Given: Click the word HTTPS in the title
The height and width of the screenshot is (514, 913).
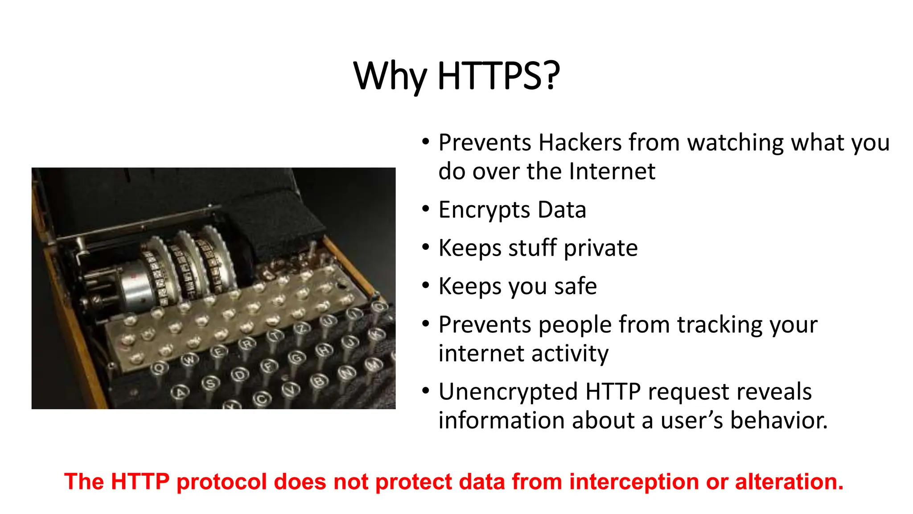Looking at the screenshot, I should (x=498, y=76).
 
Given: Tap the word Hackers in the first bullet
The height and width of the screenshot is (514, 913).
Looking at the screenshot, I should (x=580, y=143).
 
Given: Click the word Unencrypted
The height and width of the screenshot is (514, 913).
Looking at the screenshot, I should (x=508, y=392).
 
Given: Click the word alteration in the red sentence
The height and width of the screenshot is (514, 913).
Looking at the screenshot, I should (x=789, y=482).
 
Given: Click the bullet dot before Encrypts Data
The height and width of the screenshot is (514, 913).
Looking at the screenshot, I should (x=426, y=209).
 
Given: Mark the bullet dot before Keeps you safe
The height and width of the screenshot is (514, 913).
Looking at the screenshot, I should (x=426, y=285).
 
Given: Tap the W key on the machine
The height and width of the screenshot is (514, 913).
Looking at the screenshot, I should (x=190, y=359).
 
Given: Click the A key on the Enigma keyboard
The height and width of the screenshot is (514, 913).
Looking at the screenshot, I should (x=180, y=392).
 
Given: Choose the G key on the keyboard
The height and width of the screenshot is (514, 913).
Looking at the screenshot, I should (x=296, y=357).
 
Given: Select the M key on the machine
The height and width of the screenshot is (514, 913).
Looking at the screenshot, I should (x=374, y=365).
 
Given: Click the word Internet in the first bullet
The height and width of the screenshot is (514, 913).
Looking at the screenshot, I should (x=612, y=171).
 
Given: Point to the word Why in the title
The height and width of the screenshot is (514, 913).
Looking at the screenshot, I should (x=389, y=76).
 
